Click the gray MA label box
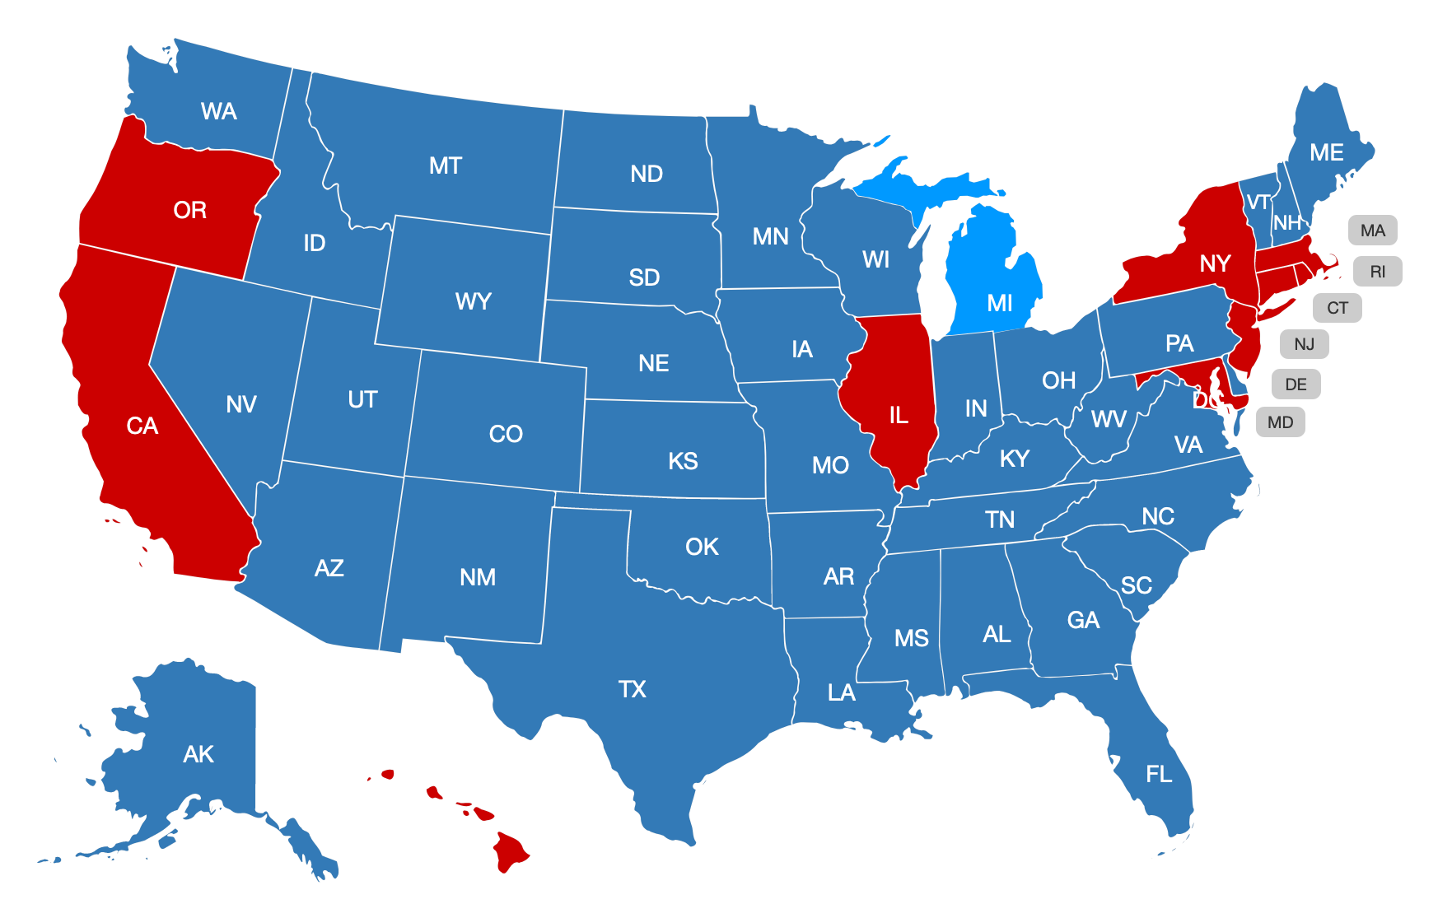[1372, 231]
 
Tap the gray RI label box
[1377, 272]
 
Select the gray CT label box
[1337, 308]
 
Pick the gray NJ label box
[1304, 344]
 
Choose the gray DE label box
[1296, 384]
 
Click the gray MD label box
[1280, 422]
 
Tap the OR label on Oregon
[189, 211]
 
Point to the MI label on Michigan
[1000, 304]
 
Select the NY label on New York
[1215, 263]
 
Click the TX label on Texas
[632, 689]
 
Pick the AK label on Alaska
[198, 754]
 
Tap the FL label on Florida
[1159, 775]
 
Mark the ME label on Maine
[1326, 153]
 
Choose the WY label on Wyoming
[473, 301]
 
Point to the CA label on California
[142, 426]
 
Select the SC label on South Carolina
[1136, 585]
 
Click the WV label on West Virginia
[1109, 419]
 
